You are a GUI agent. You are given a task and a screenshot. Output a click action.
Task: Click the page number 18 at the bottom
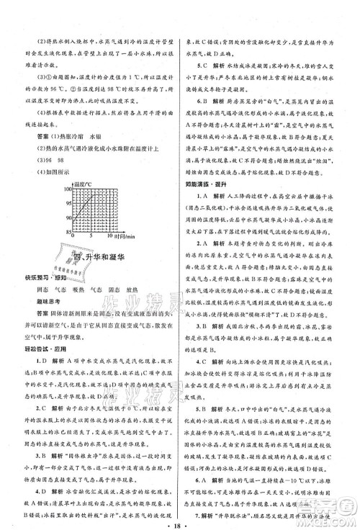pos(179,518)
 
